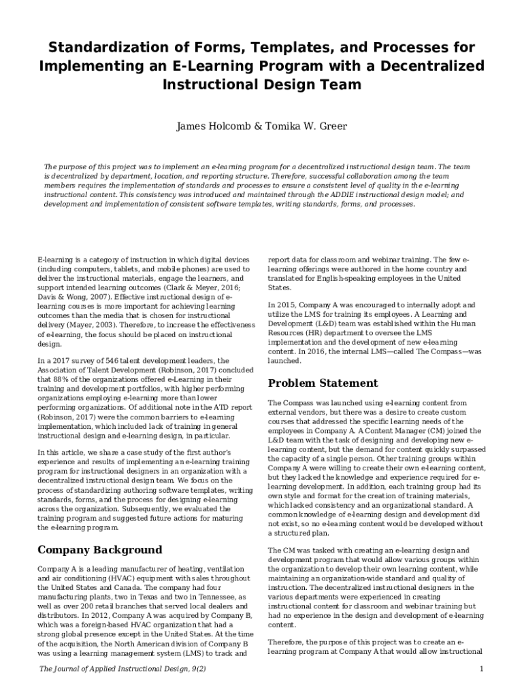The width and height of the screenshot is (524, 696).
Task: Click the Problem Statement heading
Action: click(x=323, y=383)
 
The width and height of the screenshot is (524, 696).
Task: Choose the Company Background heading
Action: click(x=99, y=549)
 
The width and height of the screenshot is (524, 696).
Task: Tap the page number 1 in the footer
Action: click(x=481, y=669)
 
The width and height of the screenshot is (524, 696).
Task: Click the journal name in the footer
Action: click(x=122, y=669)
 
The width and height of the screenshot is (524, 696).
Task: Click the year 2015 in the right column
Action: click(x=286, y=305)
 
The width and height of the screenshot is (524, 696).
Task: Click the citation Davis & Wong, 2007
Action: click(x=70, y=297)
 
